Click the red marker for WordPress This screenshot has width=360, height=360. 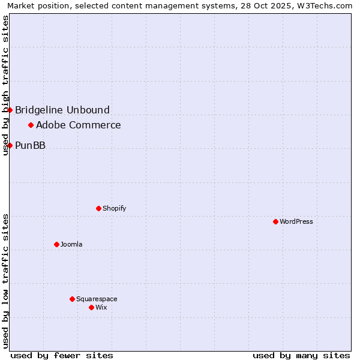[275, 221]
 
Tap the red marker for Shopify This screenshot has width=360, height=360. [98, 208]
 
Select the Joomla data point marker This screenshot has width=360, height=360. [56, 244]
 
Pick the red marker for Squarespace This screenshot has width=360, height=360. [72, 299]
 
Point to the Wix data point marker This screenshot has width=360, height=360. [91, 307]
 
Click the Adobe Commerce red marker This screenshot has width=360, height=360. [31, 125]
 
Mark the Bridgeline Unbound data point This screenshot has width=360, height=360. [10, 110]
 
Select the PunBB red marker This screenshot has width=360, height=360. [10, 145]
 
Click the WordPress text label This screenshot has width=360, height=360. [296, 221]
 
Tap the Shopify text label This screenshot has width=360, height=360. [114, 208]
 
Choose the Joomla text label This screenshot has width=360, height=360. [71, 244]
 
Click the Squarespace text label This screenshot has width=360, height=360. [97, 299]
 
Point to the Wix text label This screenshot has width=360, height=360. [101, 307]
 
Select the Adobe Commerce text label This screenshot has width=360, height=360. [79, 125]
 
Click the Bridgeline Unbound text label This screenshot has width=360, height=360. [62, 110]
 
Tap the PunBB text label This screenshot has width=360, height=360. [30, 145]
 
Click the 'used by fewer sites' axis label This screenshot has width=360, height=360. [62, 355]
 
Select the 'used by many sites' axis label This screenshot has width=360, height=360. [301, 355]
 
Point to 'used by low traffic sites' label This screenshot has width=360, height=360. [5, 281]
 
